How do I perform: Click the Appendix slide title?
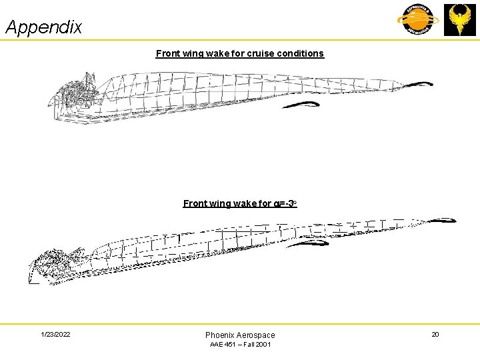[44, 27]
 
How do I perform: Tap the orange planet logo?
[418, 19]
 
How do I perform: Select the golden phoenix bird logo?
[460, 19]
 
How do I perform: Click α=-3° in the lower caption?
[285, 203]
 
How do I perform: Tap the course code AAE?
[217, 345]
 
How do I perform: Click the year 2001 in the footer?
[262, 345]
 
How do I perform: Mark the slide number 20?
[435, 334]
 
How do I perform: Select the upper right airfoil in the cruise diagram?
[418, 84]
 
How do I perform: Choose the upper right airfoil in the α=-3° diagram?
[441, 220]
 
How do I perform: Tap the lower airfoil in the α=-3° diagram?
[308, 243]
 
